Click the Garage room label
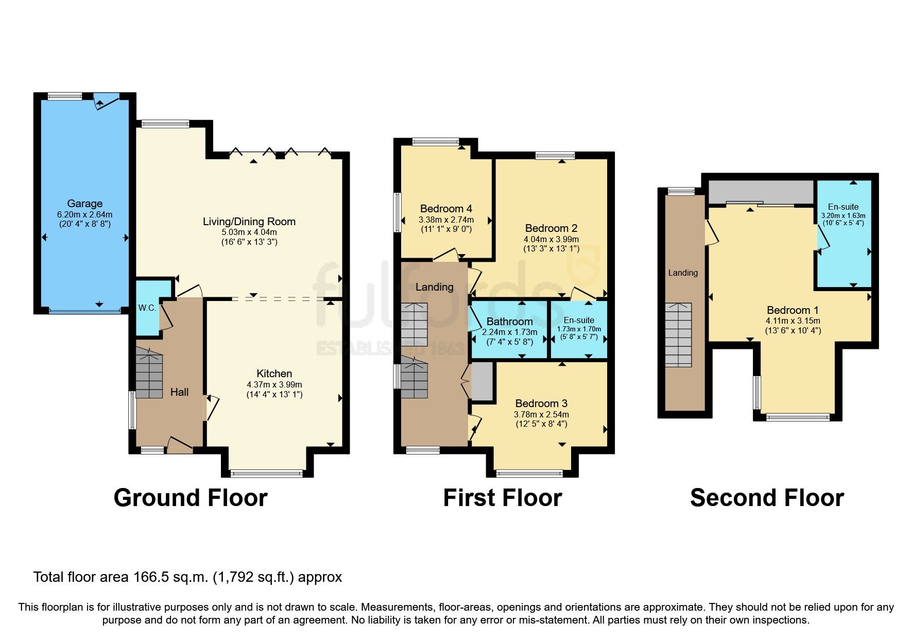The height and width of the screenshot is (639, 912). coord(84,204)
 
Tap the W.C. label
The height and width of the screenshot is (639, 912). coord(147,308)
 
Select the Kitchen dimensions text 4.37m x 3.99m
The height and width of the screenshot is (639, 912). coord(274,384)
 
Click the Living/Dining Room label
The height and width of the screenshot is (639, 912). coord(249,222)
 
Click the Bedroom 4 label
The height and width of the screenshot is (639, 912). coord(446,209)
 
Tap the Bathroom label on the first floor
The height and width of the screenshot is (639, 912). coord(509,322)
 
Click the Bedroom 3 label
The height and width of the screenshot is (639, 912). coord(541,403)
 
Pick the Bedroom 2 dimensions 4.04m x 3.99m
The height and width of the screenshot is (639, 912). coord(551,239)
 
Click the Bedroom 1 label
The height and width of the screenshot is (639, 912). coord(793,310)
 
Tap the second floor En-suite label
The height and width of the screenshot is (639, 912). coord(843,207)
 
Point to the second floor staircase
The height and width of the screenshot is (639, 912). coord(678,335)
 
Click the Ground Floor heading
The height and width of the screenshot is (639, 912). coord(191,498)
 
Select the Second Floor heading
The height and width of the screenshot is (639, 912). coord(767,498)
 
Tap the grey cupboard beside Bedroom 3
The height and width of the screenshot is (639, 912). coord(482,382)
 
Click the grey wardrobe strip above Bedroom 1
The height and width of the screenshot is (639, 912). coord(760,192)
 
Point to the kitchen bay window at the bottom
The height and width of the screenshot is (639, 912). coord(266,473)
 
